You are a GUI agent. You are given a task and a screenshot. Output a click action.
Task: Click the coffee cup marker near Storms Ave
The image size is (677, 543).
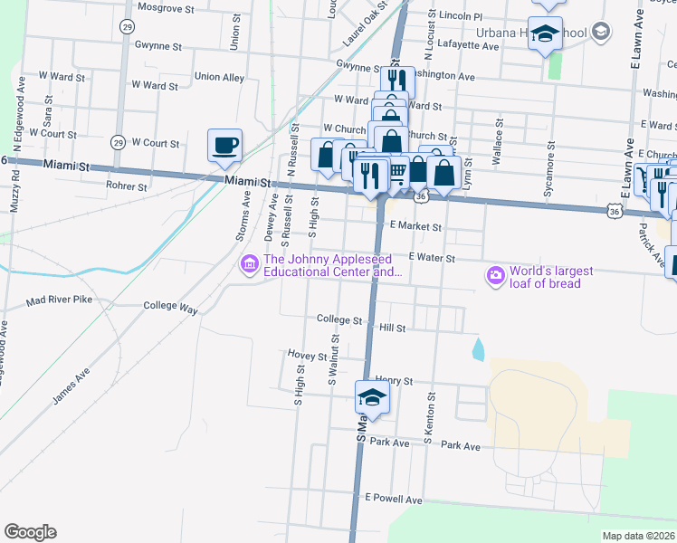coord(225,144)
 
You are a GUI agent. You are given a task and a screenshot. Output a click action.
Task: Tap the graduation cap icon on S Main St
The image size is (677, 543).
coord(371,395)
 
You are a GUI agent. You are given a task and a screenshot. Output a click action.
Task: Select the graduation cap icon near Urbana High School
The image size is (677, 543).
coord(546,33)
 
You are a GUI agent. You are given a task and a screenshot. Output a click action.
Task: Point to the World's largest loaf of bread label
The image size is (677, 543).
coord(550,277)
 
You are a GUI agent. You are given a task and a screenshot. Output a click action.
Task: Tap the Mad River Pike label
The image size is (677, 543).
coord(59,300)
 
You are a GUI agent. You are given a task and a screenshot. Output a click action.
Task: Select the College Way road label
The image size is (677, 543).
coord(170,307)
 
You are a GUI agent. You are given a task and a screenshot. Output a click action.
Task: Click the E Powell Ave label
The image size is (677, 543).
coord(394,499)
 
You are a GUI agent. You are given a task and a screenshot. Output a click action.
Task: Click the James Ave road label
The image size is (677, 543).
coord(72,386)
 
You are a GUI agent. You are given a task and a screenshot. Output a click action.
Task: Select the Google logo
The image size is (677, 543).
coord(30,532)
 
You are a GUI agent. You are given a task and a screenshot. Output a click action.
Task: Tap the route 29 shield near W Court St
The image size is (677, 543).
coord(118,142)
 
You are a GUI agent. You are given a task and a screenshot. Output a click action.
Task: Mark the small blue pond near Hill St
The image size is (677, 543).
coord(477,348)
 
